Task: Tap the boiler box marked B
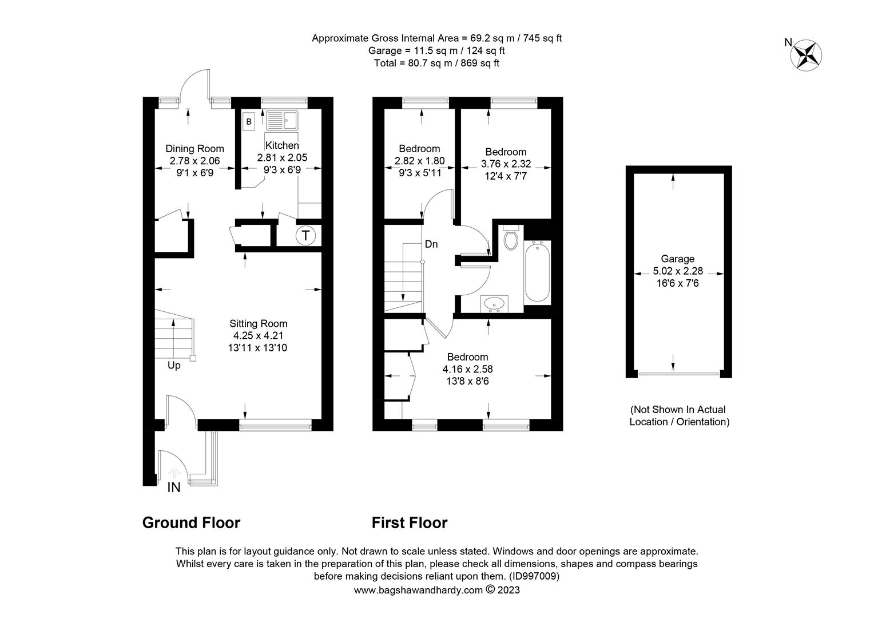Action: [x=249, y=121]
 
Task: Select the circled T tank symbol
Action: [x=305, y=235]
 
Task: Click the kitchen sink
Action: [x=282, y=120]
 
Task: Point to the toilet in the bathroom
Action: [x=511, y=237]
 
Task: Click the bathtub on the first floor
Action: [x=537, y=272]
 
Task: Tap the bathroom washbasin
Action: [x=494, y=304]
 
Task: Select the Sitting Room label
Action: [x=259, y=323]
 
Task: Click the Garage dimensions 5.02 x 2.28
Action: [x=678, y=271]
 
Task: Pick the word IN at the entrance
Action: [x=174, y=487]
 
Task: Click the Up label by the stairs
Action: [x=174, y=366]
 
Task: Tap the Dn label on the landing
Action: [x=431, y=244]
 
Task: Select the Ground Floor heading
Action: [x=191, y=522]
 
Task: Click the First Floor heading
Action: [x=410, y=522]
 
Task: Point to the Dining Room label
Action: [x=194, y=149]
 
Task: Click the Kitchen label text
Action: [x=282, y=145]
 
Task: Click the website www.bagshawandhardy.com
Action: [x=418, y=590]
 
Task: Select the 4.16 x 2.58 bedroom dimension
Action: [x=467, y=369]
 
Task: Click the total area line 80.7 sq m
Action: [x=436, y=64]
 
